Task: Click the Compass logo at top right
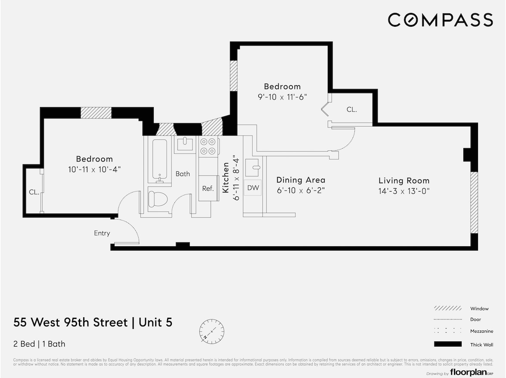(x=440, y=20)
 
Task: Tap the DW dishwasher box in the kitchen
(x=253, y=188)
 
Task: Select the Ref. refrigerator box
(x=208, y=188)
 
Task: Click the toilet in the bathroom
(x=157, y=198)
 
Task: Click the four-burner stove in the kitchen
(x=209, y=146)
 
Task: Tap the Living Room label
(x=404, y=181)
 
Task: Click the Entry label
(x=102, y=233)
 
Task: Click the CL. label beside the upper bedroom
(x=352, y=110)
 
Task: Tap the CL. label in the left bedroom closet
(x=34, y=192)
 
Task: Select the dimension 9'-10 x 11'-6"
(x=282, y=97)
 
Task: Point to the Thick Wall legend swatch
(x=448, y=344)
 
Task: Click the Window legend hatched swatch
(x=448, y=309)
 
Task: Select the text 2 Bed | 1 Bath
(x=40, y=344)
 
